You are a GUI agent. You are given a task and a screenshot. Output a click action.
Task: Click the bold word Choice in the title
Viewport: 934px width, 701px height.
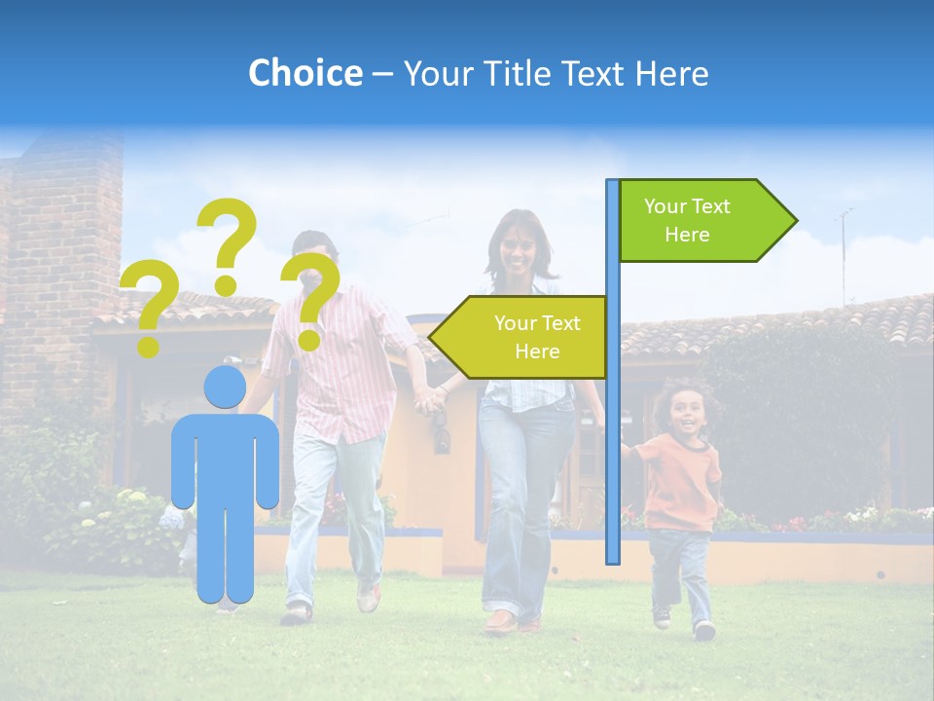pos(305,73)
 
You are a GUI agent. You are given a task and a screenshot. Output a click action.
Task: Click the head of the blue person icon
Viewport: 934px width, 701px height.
pos(225,387)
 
